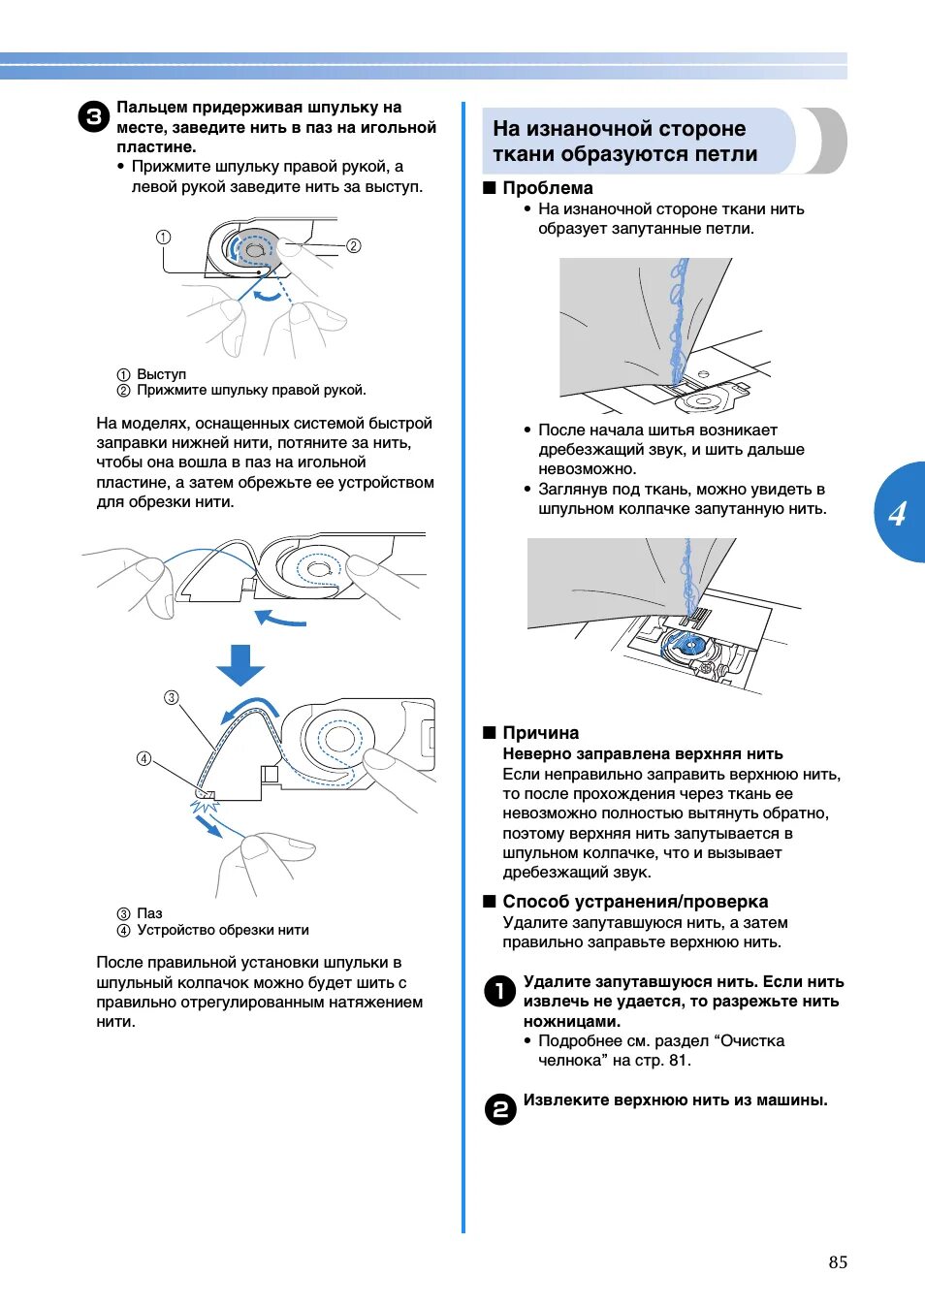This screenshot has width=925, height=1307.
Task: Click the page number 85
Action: pos(838,1261)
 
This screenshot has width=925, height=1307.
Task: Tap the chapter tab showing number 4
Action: pos(898,513)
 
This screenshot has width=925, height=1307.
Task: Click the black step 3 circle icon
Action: pos(93,117)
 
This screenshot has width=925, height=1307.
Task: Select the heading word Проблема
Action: pos(547,188)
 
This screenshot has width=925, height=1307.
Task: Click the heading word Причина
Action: pos(540,733)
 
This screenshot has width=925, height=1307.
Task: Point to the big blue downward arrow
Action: pos(240,665)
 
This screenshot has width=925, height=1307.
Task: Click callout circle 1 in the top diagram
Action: pos(163,237)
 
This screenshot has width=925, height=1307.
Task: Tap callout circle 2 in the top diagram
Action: pos(354,245)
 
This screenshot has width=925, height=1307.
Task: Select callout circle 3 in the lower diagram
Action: pos(171,697)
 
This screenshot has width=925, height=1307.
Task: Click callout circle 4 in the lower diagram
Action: pos(144,758)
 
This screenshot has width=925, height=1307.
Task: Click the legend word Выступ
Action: pos(161,374)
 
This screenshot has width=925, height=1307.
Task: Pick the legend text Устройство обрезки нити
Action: pos(223,930)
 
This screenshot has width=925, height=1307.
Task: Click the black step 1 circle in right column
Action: pos(499,991)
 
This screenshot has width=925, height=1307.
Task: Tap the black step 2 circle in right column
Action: pos(499,1108)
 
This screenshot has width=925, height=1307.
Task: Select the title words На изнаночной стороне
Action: pos(619,129)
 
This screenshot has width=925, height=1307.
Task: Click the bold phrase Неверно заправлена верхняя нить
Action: pos(642,753)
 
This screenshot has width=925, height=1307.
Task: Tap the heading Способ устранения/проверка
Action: pos(634,902)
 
